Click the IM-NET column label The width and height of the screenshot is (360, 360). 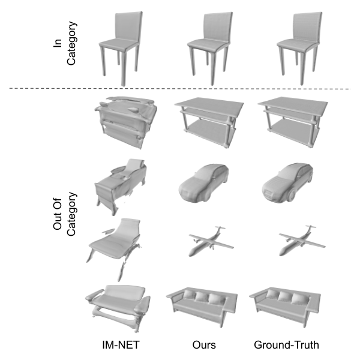coord(121,345)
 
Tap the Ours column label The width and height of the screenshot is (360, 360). coord(204,345)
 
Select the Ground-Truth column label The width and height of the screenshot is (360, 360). coord(286,345)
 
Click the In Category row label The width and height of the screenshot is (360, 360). coord(64,43)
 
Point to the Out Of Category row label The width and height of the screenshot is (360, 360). coord(64,214)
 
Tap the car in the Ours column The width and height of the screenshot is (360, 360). coord(203,183)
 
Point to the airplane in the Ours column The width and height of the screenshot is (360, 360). coord(211,241)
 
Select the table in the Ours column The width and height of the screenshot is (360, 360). coord(209,122)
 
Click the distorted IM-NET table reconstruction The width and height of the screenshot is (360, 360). coord(126,122)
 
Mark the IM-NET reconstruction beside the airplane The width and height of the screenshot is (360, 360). coord(113,248)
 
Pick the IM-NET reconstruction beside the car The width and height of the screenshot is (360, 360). coord(121,186)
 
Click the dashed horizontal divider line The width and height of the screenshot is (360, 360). coord(180,89)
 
